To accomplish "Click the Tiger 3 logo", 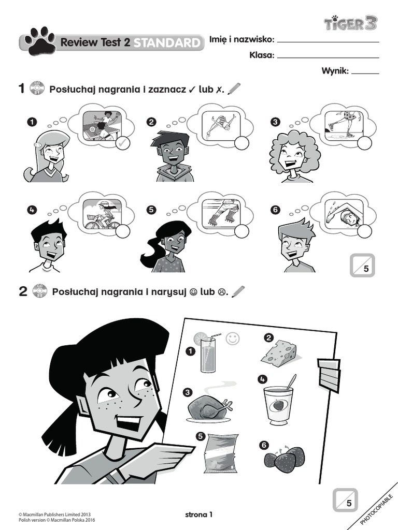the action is point(350,23).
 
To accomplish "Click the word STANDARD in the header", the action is point(167,42).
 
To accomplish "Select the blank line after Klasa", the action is point(328,58).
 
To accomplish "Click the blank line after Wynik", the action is point(365,73).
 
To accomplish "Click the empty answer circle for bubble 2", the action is point(241,143).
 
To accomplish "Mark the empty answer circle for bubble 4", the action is point(122,231).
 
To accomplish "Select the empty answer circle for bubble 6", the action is point(364,231).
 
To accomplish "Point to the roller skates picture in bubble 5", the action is point(221,213).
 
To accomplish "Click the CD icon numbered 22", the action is point(40,291).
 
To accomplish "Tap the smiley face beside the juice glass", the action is point(233,338).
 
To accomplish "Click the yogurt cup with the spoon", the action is point(278,402).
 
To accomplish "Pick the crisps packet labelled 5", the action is point(221,453).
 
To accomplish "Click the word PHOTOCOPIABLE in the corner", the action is point(376,509).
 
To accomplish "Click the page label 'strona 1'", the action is point(198,515).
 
